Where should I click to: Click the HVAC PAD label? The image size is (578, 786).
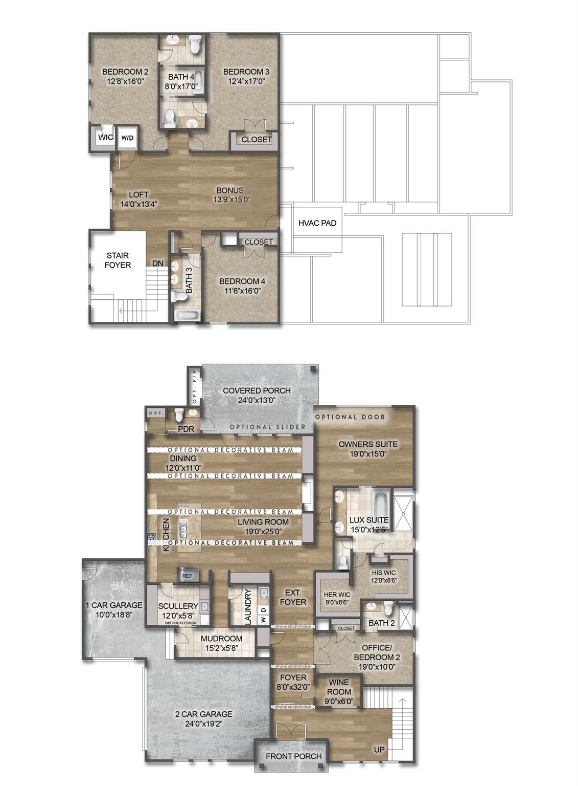(317, 224)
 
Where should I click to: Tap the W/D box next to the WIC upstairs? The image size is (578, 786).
(127, 138)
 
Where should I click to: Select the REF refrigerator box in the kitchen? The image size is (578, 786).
(187, 576)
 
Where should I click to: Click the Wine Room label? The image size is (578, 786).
(339, 687)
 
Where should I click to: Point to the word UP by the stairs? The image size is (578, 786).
(380, 750)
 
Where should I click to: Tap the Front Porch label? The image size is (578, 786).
(293, 756)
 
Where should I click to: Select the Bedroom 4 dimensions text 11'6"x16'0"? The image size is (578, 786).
(242, 291)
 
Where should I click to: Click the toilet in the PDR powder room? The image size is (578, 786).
(179, 414)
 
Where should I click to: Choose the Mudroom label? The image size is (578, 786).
(221, 639)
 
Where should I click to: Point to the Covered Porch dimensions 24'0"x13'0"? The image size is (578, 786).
(257, 401)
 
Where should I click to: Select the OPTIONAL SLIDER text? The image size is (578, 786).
(267, 427)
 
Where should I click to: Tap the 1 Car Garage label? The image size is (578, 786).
(113, 605)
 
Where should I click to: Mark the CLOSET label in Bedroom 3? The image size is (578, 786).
(257, 140)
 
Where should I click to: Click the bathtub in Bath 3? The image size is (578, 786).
(186, 316)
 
